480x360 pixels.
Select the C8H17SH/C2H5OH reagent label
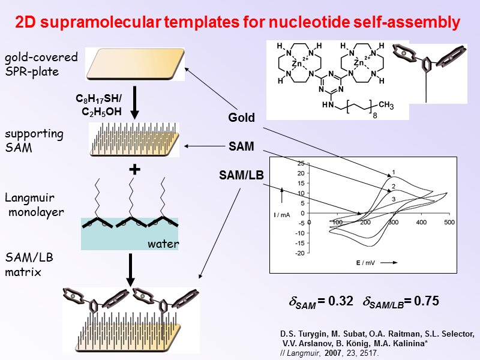click(98, 104)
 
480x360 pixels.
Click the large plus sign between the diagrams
click(135, 170)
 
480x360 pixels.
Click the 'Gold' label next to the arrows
click(241, 118)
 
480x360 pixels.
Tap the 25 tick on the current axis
click(301, 163)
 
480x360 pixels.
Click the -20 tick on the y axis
click(299, 253)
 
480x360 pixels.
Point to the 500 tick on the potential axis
click(448, 223)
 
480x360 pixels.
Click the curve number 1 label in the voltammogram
click(394, 172)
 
